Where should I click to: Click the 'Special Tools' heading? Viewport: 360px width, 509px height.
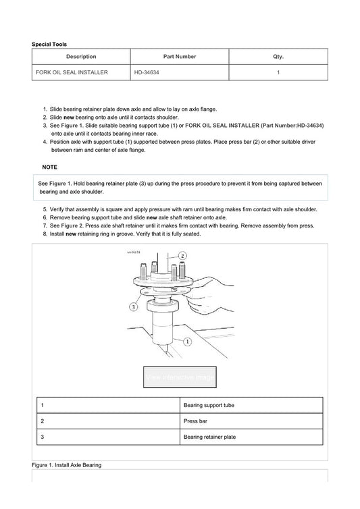tap(49, 44)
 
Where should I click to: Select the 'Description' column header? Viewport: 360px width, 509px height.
tap(81, 57)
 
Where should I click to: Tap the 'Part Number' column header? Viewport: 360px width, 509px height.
tap(180, 57)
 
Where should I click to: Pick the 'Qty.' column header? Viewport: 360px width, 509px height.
tap(278, 57)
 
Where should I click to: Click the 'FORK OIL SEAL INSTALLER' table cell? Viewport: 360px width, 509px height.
tap(72, 72)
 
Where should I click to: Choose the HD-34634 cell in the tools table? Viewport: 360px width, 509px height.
tap(147, 72)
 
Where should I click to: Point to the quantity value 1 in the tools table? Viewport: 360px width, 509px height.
tap(278, 72)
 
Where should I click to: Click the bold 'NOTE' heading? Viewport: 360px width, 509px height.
tap(49, 167)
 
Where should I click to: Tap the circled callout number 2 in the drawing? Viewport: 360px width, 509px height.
tap(183, 256)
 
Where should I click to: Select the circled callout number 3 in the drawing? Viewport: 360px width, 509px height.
tap(133, 306)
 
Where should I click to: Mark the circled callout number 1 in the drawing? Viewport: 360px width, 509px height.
tap(188, 342)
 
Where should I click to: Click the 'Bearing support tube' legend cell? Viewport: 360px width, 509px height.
tap(209, 405)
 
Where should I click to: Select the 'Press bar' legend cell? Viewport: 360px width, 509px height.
tap(196, 421)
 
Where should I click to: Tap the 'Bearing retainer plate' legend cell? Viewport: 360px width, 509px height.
tap(209, 437)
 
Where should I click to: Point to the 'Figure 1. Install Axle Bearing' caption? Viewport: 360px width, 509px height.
tap(66, 465)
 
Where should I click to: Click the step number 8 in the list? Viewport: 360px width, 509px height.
tap(44, 234)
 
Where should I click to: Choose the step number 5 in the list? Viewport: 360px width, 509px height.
tap(44, 209)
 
